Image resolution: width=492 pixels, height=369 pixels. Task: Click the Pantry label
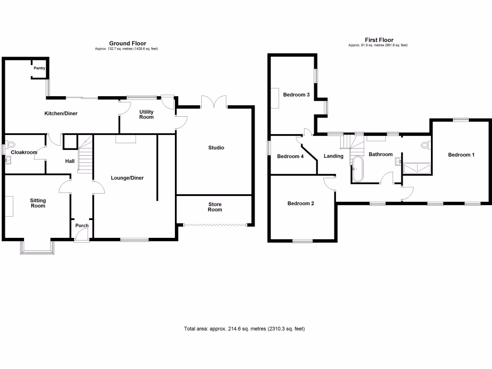point(39,68)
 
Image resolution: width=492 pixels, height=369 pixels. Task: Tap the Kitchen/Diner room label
point(61,114)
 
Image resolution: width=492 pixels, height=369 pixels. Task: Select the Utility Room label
point(147,114)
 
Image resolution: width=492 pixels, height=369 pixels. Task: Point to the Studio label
point(216,148)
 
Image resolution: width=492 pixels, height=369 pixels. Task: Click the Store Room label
point(215,207)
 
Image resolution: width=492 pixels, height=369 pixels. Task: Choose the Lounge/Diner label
point(127,178)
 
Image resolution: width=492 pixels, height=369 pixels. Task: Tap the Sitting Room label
point(38,203)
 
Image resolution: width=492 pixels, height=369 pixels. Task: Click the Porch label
point(82,226)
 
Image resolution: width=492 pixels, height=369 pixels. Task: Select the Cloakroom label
point(25,153)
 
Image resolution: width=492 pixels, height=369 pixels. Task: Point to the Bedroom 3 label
point(296,95)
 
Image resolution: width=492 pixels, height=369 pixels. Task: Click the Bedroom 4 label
point(291,156)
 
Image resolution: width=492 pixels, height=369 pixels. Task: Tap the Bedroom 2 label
point(301,204)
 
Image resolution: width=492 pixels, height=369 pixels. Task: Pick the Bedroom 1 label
point(461,155)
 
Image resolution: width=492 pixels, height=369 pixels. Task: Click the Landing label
point(333,156)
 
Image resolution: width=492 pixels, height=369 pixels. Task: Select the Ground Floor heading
point(127,43)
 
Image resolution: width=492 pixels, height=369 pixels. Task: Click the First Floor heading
point(379,40)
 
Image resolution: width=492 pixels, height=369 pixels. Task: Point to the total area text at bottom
point(245,329)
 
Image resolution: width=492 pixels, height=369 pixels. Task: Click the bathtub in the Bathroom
point(358,170)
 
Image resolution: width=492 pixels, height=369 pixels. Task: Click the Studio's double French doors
point(214,102)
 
